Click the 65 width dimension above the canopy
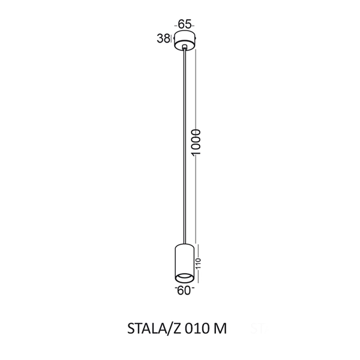[184, 25]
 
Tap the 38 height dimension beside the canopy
[163, 39]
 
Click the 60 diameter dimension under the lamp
[184, 291]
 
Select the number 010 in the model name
[197, 329]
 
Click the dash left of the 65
[175, 25]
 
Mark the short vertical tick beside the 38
[171, 39]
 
